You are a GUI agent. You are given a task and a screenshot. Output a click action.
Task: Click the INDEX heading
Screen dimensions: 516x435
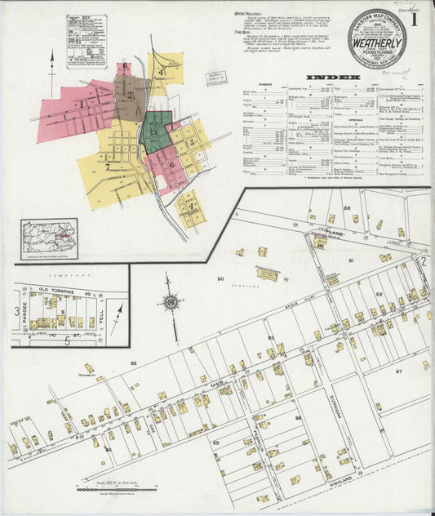[332, 78]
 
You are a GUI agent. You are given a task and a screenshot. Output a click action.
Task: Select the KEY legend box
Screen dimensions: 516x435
[86, 41]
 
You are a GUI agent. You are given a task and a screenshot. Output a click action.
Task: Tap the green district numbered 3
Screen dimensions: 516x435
[155, 131]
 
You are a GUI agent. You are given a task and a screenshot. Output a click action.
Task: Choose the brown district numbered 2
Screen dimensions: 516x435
[128, 95]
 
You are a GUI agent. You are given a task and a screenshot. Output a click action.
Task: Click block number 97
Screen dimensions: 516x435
[399, 371]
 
